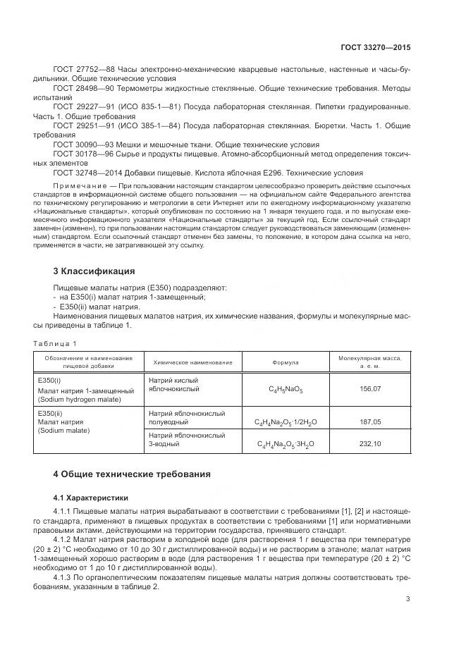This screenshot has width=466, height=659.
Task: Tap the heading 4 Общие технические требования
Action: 132,474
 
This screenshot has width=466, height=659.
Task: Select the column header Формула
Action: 286,362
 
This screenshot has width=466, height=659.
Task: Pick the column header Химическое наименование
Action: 188,362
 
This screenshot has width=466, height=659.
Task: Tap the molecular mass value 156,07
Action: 370,389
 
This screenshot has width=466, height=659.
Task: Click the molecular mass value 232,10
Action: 370,443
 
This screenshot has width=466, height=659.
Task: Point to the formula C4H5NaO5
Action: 286,389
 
